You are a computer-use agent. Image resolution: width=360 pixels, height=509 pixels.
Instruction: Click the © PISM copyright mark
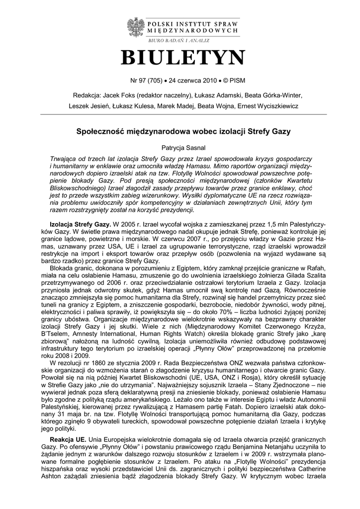pos(234,80)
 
